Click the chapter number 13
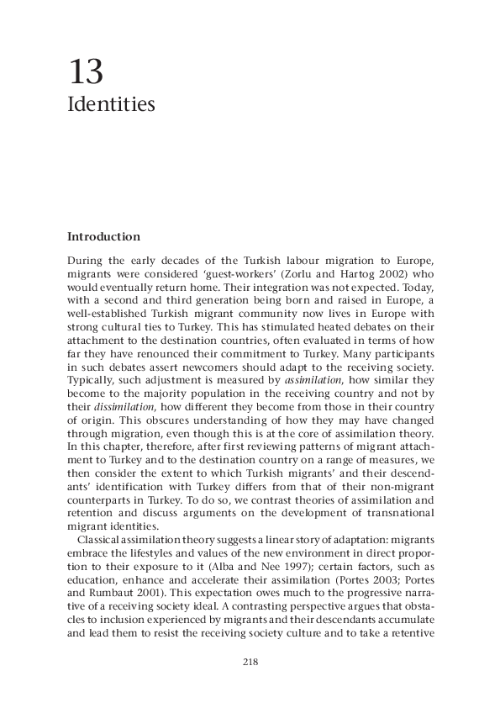pyautogui.click(x=86, y=73)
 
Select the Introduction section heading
pyautogui.click(x=103, y=237)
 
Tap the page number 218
pyautogui.click(x=250, y=662)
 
